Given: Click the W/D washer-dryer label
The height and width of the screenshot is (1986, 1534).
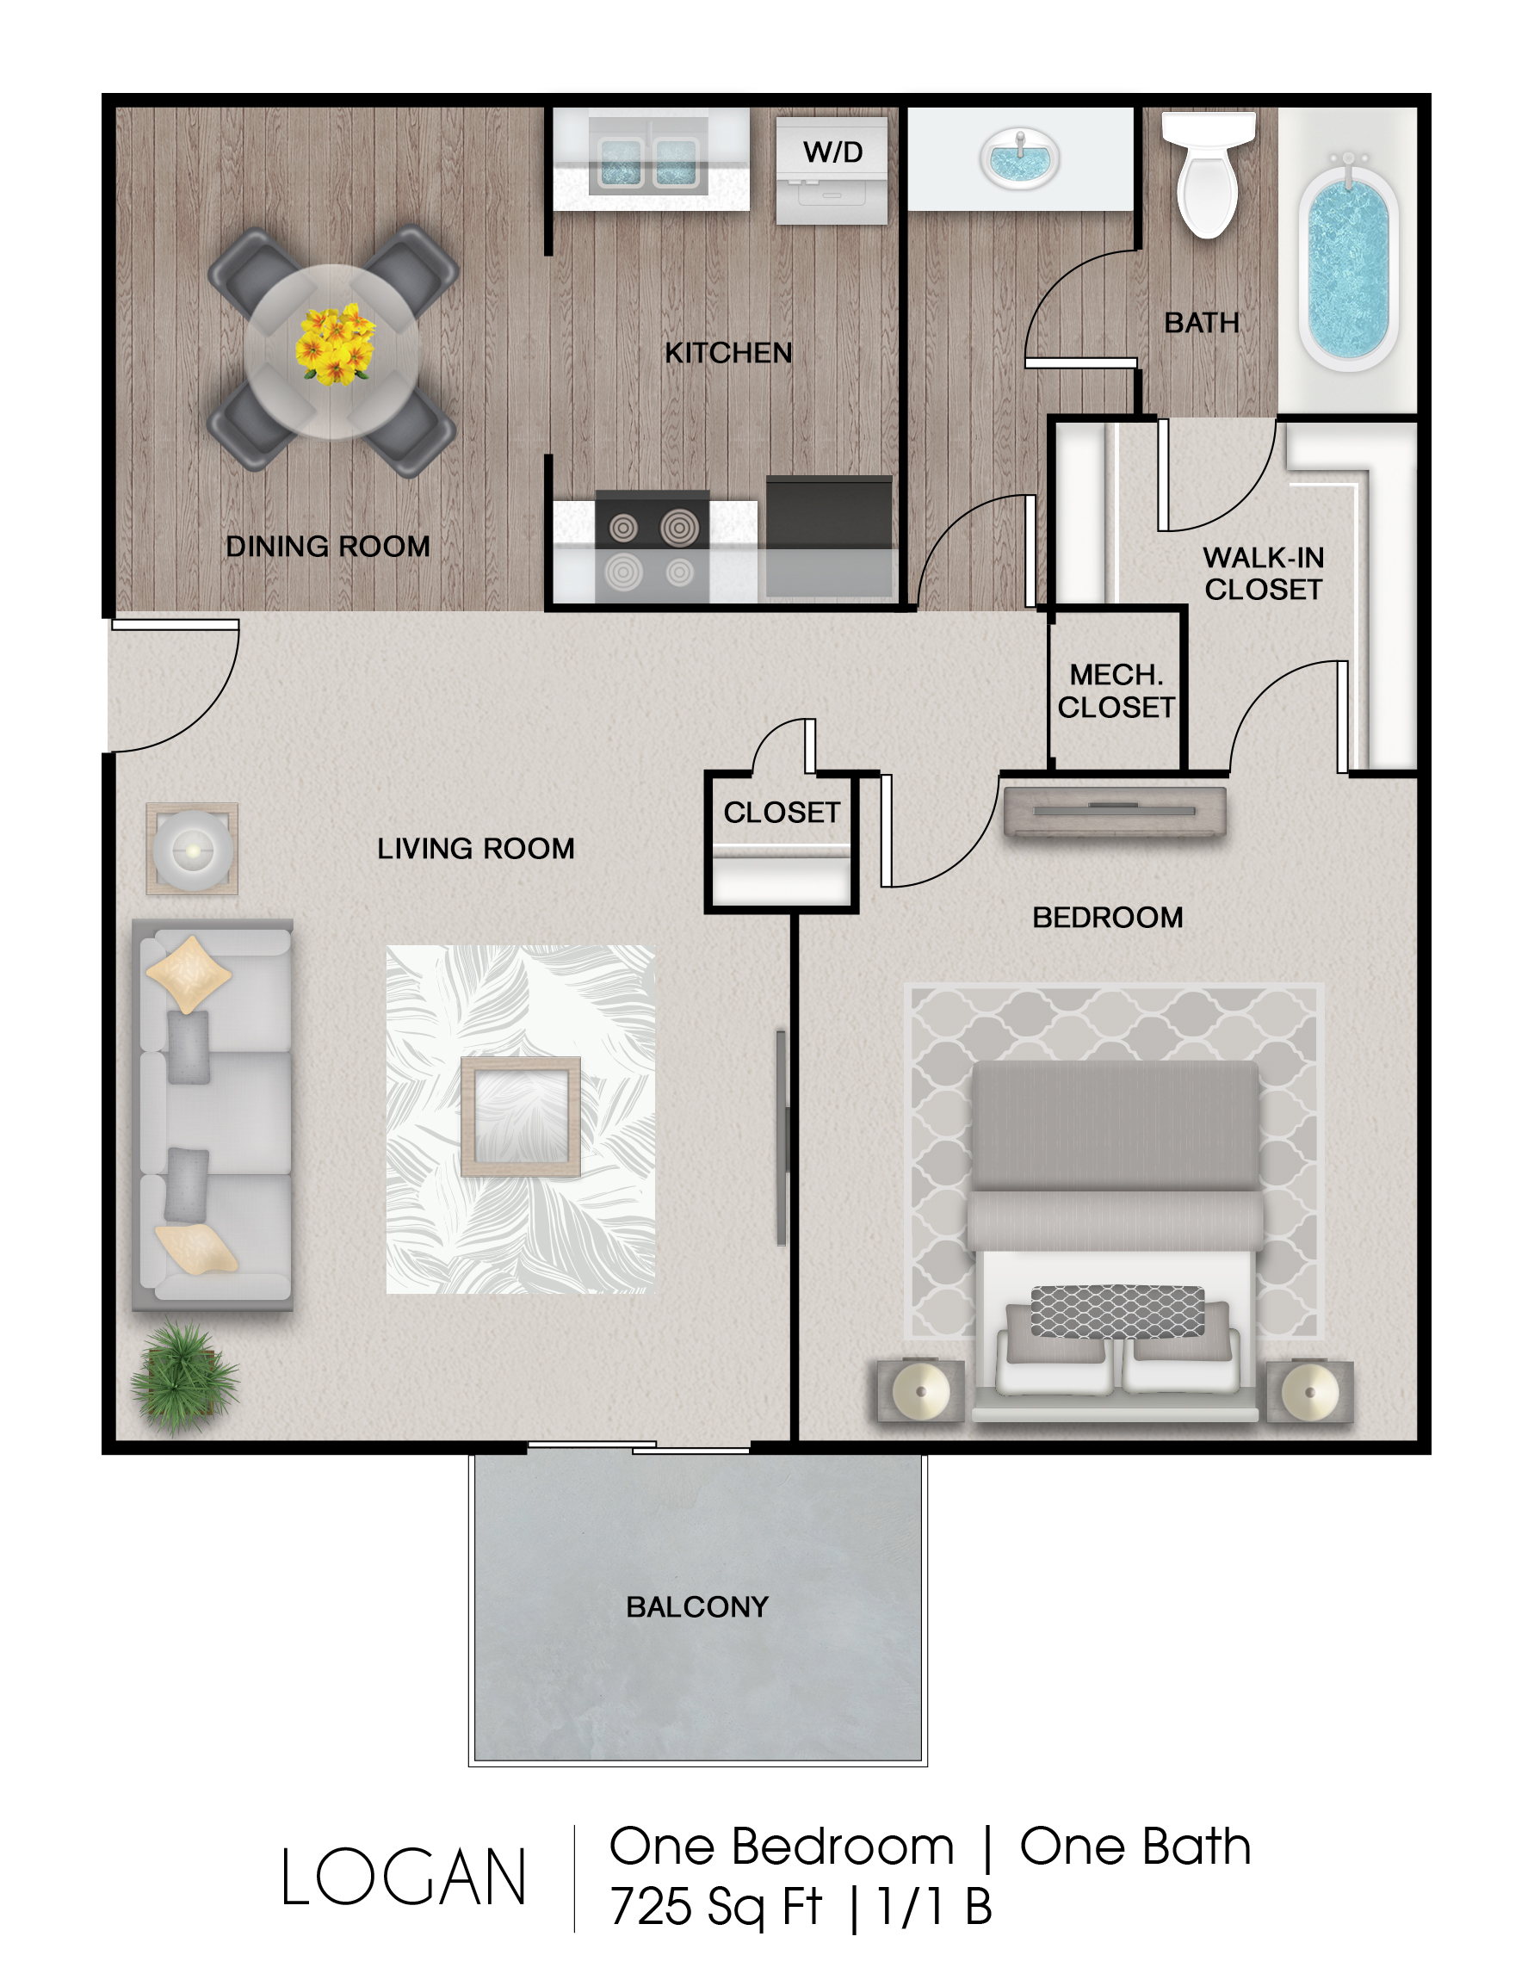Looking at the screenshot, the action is coord(832,152).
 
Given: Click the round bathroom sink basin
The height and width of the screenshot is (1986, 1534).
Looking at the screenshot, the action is coord(1019,158).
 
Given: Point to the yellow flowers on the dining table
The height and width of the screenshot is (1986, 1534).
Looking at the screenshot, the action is coord(335,343).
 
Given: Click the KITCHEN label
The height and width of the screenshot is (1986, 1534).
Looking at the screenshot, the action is coord(728,353).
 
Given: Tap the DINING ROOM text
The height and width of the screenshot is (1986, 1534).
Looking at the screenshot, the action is coord(327,547).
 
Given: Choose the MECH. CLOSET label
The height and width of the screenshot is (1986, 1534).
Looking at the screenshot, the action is coord(1116,691).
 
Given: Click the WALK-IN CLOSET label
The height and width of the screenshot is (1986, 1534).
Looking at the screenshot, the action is coord(1263,572).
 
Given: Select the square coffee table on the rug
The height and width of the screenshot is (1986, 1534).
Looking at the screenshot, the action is coord(520,1117).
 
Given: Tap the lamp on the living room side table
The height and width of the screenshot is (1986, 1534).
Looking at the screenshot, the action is coord(193,851).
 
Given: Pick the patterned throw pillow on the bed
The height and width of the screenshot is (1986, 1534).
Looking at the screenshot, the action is coord(1117,1312).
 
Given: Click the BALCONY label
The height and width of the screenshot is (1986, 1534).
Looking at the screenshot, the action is coord(697,1607).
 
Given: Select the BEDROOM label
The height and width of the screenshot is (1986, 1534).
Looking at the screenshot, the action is coord(1108,918).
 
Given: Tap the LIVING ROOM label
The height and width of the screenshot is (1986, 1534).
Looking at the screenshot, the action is coord(475,849).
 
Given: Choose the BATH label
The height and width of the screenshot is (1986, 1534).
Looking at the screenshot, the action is coord(1201,323).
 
